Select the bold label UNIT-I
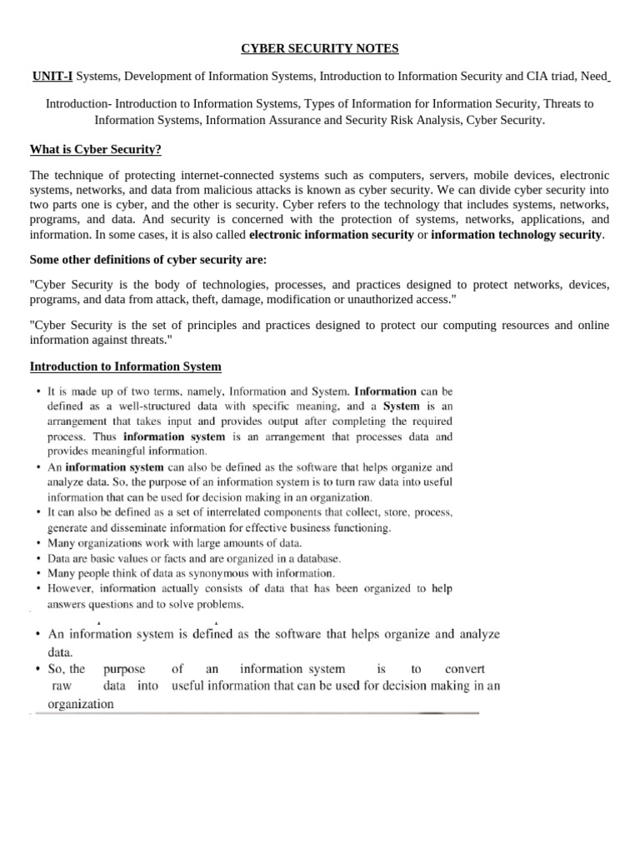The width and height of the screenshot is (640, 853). pos(52,77)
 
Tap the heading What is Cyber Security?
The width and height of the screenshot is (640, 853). pos(96,149)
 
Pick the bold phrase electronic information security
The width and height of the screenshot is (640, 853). pos(332,234)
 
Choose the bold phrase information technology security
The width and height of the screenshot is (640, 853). pos(516,234)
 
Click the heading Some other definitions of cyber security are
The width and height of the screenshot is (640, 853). pos(148,259)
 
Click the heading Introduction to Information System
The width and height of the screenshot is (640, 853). pos(126,367)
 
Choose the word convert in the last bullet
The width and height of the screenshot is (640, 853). pos(465,669)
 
